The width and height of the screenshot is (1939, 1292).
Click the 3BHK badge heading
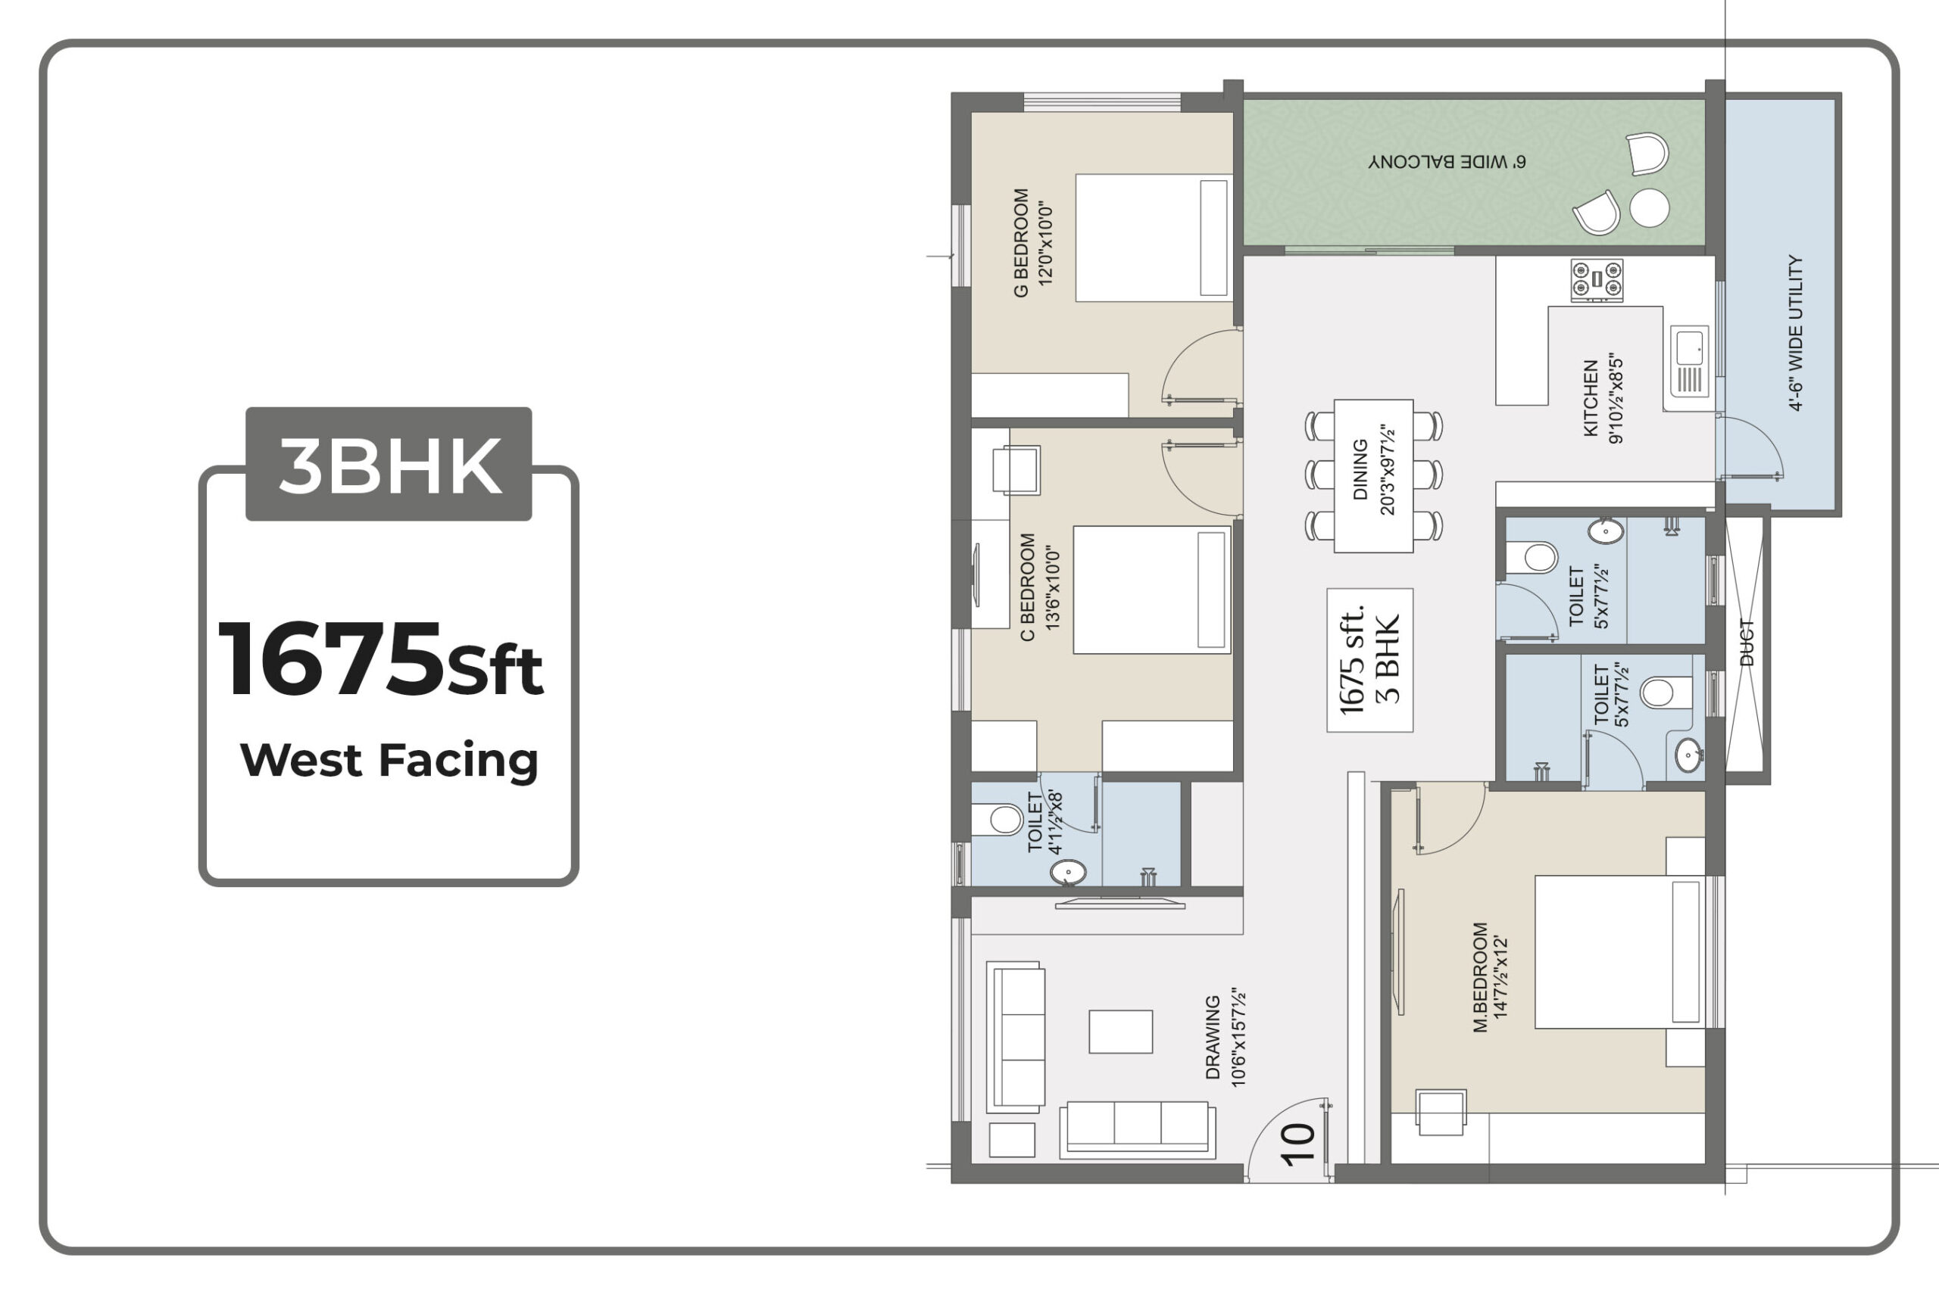(389, 464)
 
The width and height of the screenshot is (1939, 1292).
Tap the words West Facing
(389, 760)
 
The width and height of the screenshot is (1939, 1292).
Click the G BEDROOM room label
(1020, 243)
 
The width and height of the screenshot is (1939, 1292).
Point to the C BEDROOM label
(1027, 587)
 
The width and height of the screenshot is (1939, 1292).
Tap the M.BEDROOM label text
(1481, 977)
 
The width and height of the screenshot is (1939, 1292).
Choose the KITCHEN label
(1591, 398)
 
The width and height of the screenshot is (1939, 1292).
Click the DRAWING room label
(1213, 1038)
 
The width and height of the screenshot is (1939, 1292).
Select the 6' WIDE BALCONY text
(1447, 161)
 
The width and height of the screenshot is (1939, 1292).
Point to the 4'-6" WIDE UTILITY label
(1796, 332)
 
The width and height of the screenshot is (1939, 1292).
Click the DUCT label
(1747, 642)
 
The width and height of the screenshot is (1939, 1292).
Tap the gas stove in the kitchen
(1597, 279)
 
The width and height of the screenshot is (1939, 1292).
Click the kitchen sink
(1689, 362)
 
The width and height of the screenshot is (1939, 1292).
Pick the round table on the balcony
(1650, 207)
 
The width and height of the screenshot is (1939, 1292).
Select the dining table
(1373, 475)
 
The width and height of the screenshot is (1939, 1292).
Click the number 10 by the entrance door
(1297, 1144)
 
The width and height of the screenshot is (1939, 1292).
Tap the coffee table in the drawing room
(1120, 1032)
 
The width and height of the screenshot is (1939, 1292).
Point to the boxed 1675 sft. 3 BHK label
(1369, 660)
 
